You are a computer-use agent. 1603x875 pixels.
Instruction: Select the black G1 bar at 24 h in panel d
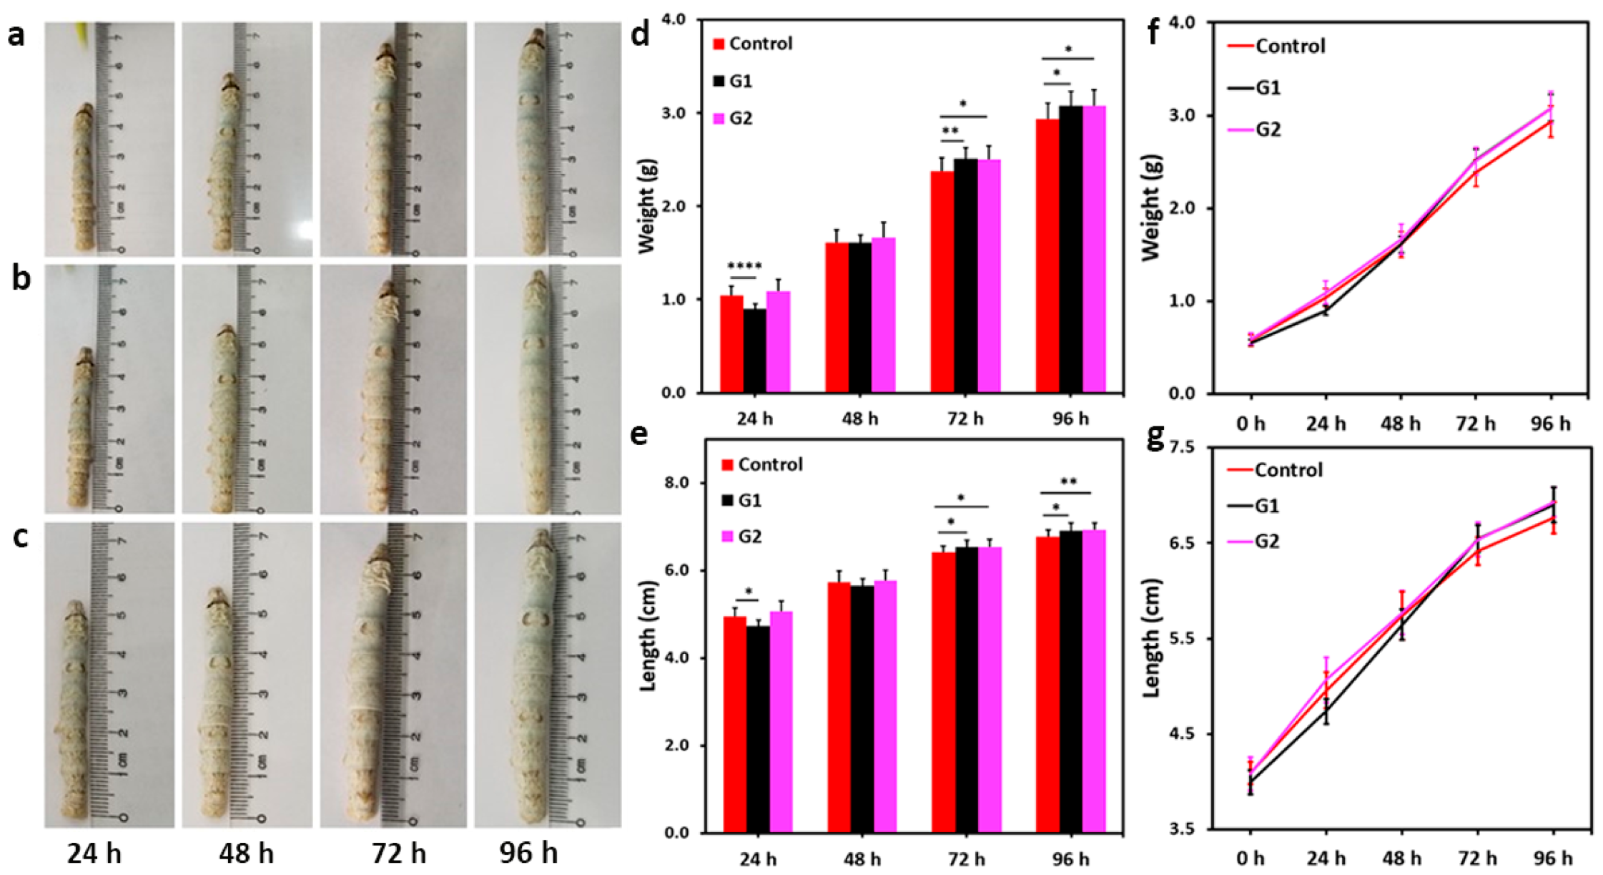[x=754, y=351]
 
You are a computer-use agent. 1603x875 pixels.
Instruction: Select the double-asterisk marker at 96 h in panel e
[x=1068, y=482]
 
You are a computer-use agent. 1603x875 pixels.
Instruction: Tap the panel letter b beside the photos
[x=21, y=280]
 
